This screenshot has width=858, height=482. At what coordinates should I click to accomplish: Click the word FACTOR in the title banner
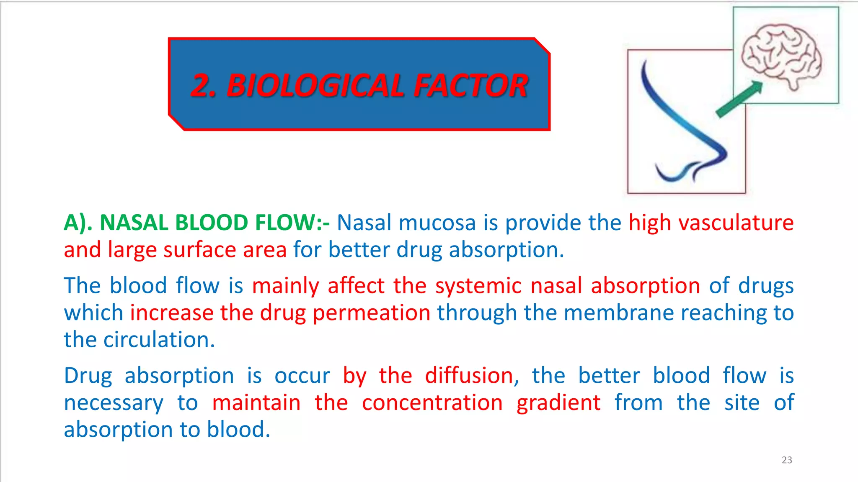tap(471, 85)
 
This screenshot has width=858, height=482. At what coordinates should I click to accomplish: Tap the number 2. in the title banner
tap(204, 85)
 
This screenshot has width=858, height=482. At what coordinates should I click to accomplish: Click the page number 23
tap(787, 460)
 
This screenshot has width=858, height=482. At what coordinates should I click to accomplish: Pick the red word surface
tap(200, 250)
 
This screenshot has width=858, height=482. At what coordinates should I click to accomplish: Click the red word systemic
tap(478, 286)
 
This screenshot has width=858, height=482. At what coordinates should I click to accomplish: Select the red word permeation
tap(371, 313)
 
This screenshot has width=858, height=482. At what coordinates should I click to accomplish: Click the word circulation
tap(159, 340)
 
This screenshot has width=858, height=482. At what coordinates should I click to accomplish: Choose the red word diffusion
tap(469, 375)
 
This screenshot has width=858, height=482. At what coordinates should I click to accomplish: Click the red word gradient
tap(558, 403)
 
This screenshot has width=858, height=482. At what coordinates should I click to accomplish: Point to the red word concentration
tap(432, 403)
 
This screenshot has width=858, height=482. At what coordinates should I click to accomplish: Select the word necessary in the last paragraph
tap(114, 403)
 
